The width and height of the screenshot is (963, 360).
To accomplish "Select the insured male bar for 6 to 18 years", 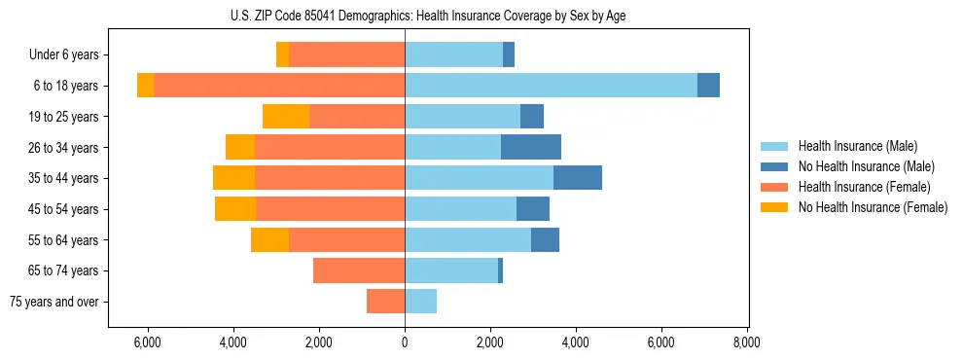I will click(551, 86).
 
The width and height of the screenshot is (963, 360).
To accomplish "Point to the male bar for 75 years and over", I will click(420, 302).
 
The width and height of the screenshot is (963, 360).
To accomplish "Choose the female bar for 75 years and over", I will click(385, 302).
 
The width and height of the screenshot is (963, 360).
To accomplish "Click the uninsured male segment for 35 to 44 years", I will click(578, 178).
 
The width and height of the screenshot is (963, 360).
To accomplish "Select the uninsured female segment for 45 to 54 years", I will click(235, 209).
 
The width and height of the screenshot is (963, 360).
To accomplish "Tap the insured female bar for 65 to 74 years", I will click(359, 270).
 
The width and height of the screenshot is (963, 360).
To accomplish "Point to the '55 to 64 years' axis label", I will click(63, 240).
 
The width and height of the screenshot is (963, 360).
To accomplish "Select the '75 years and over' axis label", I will click(53, 302).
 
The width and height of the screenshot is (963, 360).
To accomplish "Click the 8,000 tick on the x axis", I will click(746, 342).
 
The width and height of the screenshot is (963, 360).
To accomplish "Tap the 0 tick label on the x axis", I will click(405, 342).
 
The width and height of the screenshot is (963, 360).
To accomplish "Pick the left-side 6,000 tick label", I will click(147, 342).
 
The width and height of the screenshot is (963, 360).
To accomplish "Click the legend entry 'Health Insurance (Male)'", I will click(857, 146).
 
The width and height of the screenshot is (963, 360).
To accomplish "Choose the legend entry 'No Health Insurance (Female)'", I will click(873, 207).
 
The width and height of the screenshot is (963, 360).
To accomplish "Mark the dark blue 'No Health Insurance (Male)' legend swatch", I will click(774, 166).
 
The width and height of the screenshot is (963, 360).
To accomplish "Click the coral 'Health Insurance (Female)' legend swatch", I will click(774, 187).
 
